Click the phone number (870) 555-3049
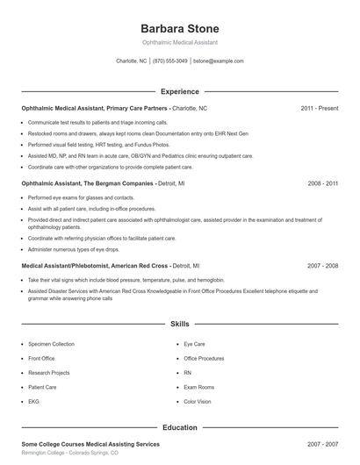tap(170, 61)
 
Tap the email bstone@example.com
tap(218, 61)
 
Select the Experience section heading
tap(180, 91)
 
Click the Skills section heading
tap(180, 324)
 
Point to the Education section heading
tap(180, 427)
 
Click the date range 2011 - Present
tap(320, 108)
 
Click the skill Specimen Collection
tap(51, 345)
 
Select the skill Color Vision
tap(198, 401)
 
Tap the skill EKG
tap(34, 401)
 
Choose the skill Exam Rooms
tap(199, 387)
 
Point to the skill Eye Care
tap(194, 345)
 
